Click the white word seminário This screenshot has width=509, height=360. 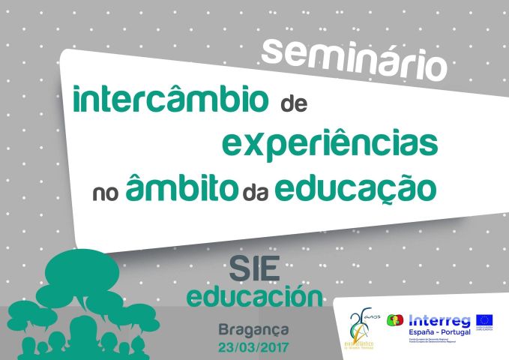pos(355,58)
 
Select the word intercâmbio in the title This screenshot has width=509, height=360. pos(170,100)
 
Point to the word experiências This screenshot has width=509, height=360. pos(331,143)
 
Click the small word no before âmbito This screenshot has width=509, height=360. pos(106,192)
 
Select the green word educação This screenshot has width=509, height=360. pos(355,188)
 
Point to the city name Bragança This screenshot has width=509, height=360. pos(253,330)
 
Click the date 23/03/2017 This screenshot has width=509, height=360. pos(253,347)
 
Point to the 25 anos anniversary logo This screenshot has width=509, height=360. pos(361,328)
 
